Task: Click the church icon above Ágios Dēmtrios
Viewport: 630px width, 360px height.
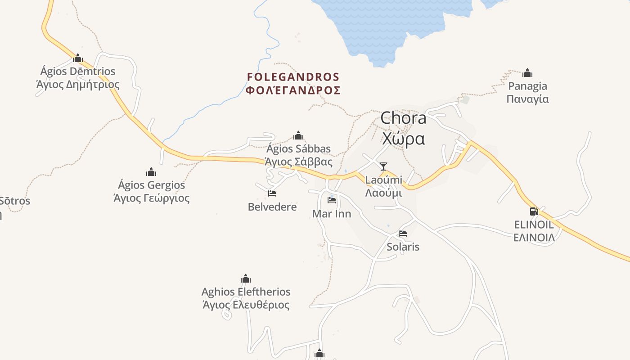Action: pyautogui.click(x=78, y=58)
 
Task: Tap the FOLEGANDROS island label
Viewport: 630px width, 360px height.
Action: pyautogui.click(x=293, y=77)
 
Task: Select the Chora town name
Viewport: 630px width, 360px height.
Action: pyautogui.click(x=403, y=118)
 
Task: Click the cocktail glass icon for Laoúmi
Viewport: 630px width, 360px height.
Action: pyautogui.click(x=383, y=166)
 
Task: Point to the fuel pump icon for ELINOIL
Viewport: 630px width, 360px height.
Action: pyautogui.click(x=534, y=211)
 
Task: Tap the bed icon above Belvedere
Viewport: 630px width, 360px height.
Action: pyautogui.click(x=272, y=193)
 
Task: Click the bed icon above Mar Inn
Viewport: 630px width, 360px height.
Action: pyautogui.click(x=332, y=200)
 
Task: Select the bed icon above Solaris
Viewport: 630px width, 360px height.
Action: pyautogui.click(x=403, y=234)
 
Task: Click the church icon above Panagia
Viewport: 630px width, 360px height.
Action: pyautogui.click(x=527, y=73)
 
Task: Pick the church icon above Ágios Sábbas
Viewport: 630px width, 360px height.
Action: pyautogui.click(x=298, y=135)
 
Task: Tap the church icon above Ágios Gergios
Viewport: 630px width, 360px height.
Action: pyautogui.click(x=151, y=172)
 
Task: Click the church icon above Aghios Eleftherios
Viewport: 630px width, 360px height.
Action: pyautogui.click(x=246, y=279)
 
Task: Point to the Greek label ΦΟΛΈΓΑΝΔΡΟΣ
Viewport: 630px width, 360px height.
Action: pyautogui.click(x=293, y=90)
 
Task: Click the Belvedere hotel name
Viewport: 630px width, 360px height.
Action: pyautogui.click(x=272, y=207)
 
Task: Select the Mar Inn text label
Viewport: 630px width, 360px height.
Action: pyautogui.click(x=332, y=214)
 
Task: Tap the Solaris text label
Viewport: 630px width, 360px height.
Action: pyautogui.click(x=403, y=247)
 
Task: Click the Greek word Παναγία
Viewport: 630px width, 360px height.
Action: pyautogui.click(x=527, y=99)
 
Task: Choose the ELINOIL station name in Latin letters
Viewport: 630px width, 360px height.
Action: pyautogui.click(x=534, y=225)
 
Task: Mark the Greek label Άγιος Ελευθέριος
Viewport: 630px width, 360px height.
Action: pyautogui.click(x=246, y=305)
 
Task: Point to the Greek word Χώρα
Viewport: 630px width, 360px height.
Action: pyautogui.click(x=403, y=139)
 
